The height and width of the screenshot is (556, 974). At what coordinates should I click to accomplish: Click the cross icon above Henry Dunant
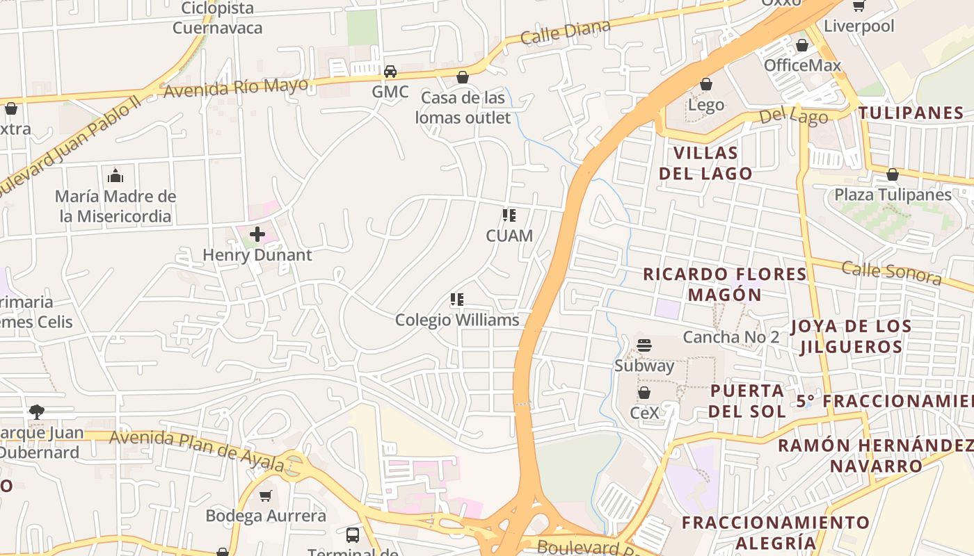click(257, 234)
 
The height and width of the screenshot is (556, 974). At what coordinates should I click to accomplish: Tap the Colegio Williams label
click(457, 320)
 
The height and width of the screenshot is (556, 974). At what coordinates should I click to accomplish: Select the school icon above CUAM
click(509, 215)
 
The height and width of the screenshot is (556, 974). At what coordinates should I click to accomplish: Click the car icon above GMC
click(390, 72)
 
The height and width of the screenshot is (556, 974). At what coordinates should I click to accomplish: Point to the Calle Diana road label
click(565, 32)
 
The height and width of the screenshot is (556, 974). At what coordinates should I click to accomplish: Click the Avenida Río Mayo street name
click(236, 88)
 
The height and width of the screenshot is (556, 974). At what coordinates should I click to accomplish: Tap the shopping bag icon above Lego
click(706, 85)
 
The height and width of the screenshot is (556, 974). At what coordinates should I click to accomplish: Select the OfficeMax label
click(802, 65)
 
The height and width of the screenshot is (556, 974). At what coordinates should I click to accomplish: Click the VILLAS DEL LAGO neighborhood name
click(705, 163)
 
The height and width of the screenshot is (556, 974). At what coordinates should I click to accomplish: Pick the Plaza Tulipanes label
click(893, 195)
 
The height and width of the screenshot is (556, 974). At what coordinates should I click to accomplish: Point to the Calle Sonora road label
click(891, 272)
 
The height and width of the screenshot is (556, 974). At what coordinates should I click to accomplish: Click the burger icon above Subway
click(644, 345)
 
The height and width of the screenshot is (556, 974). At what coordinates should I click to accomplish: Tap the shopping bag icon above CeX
click(644, 393)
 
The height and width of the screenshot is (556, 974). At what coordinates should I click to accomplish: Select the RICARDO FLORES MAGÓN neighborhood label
click(725, 284)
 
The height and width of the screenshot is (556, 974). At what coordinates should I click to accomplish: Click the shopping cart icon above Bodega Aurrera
click(265, 496)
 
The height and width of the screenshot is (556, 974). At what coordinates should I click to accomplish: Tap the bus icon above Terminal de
click(353, 535)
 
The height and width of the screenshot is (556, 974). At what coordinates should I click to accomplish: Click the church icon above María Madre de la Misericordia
click(115, 176)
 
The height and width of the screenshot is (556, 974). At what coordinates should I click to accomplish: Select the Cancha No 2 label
click(731, 337)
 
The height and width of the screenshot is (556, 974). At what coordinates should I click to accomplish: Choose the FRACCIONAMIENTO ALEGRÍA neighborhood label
click(776, 532)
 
